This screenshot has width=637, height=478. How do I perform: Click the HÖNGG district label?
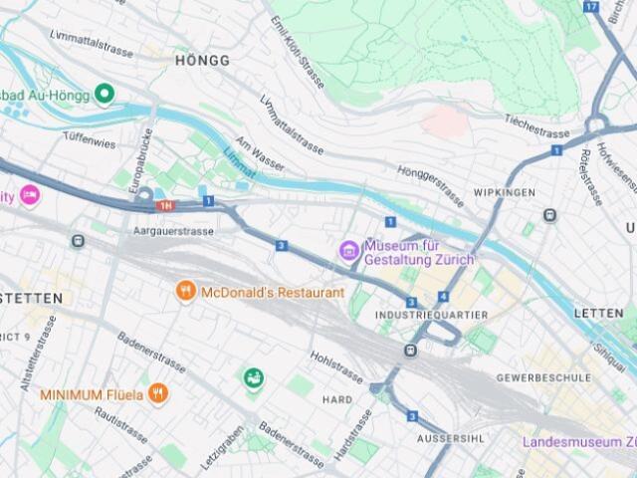coord(202,60)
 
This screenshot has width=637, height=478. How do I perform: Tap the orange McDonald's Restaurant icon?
coord(184,292)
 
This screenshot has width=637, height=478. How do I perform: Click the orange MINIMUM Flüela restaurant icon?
coord(158,394)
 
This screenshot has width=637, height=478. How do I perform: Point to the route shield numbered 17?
coord(591,6)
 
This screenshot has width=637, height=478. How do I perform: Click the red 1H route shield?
coord(165,205)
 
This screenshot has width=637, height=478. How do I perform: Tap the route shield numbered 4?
coord(442,297)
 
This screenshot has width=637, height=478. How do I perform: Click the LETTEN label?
coord(598,313)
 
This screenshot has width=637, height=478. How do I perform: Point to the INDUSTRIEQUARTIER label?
coord(431,315)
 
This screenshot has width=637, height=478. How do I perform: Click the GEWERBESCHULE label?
coord(543,378)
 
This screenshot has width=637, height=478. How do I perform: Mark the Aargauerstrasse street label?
coord(173,231)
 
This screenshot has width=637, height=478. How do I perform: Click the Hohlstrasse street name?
coord(336,364)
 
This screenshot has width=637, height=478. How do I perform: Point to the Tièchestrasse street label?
coord(536,127)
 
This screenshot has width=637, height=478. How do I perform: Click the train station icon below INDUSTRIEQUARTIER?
coord(410,351)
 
